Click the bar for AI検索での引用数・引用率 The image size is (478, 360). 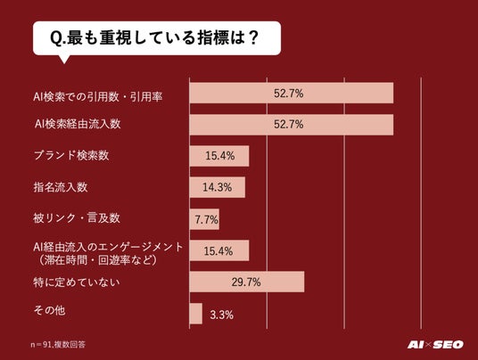pyautogui.click(x=292, y=93)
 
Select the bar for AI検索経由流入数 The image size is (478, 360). pyautogui.click(x=292, y=125)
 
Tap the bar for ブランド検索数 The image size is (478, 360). pyautogui.click(x=219, y=156)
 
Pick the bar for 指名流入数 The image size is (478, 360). pyautogui.click(x=218, y=187)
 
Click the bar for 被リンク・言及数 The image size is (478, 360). pyautogui.click(x=204, y=219)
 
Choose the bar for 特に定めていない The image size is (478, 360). pyautogui.click(x=247, y=282)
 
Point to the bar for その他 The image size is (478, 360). pyautogui.click(x=195, y=314)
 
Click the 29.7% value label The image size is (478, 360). pyautogui.click(x=246, y=282)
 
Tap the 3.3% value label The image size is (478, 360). pyautogui.click(x=222, y=315)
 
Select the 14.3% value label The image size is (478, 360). pyautogui.click(x=218, y=187)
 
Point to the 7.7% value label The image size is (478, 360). pyautogui.click(x=206, y=219)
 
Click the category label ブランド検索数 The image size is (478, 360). pyautogui.click(x=71, y=155)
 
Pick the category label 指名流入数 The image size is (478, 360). pyautogui.click(x=61, y=187)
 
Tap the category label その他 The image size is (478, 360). pyautogui.click(x=49, y=310)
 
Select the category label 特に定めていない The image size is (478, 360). pyautogui.click(x=77, y=282)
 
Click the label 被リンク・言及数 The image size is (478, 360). pyautogui.click(x=77, y=218)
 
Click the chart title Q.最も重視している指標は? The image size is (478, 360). pyautogui.click(x=154, y=37)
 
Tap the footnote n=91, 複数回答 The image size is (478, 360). pyautogui.click(x=58, y=345)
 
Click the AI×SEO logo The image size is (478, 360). pyautogui.click(x=435, y=345)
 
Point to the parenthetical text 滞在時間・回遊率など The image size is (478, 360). pyautogui.click(x=97, y=260)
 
